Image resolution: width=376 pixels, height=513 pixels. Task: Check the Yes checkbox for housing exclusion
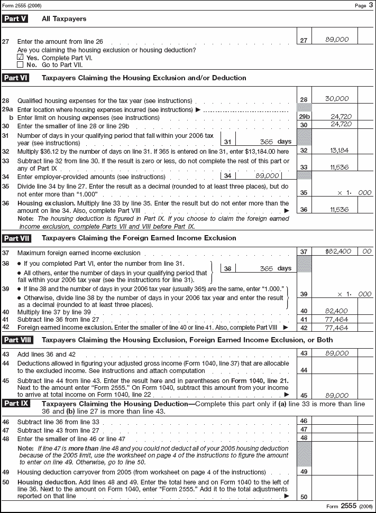[20, 57]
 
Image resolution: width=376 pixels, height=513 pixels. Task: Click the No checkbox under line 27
[20, 64]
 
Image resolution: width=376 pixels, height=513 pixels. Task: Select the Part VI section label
[15, 78]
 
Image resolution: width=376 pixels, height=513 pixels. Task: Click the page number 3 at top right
[370, 5]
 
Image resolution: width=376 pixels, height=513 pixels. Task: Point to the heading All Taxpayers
[64, 19]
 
